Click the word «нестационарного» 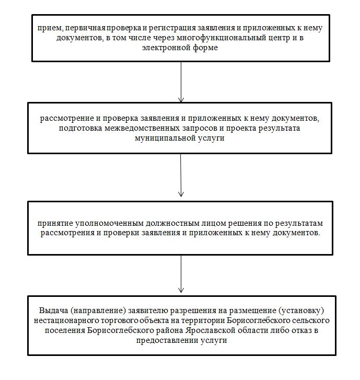click(x=75, y=318)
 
